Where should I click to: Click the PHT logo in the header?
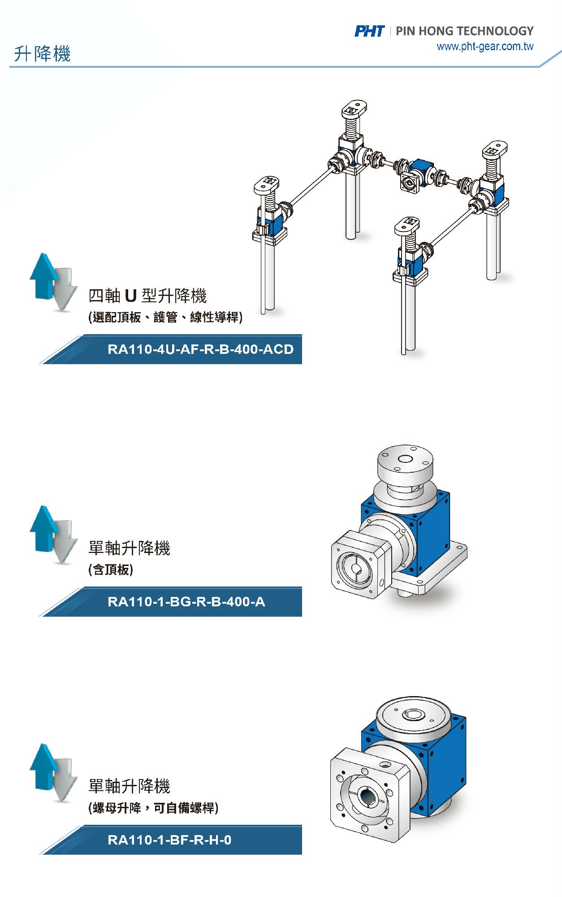tap(369, 31)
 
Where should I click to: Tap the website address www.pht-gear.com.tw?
tap(485, 47)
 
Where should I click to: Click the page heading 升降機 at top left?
tap(42, 54)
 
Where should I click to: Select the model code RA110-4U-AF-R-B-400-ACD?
tap(200, 349)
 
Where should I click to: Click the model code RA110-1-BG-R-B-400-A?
tap(186, 602)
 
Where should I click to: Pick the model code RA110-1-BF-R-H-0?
tap(169, 840)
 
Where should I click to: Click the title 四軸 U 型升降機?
tap(147, 296)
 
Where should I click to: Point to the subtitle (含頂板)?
tap(111, 570)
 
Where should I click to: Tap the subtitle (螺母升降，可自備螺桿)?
tap(153, 808)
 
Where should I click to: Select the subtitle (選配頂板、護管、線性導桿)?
tap(165, 318)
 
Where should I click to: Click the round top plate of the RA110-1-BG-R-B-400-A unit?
tap(405, 462)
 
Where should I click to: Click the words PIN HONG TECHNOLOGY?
tap(465, 31)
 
